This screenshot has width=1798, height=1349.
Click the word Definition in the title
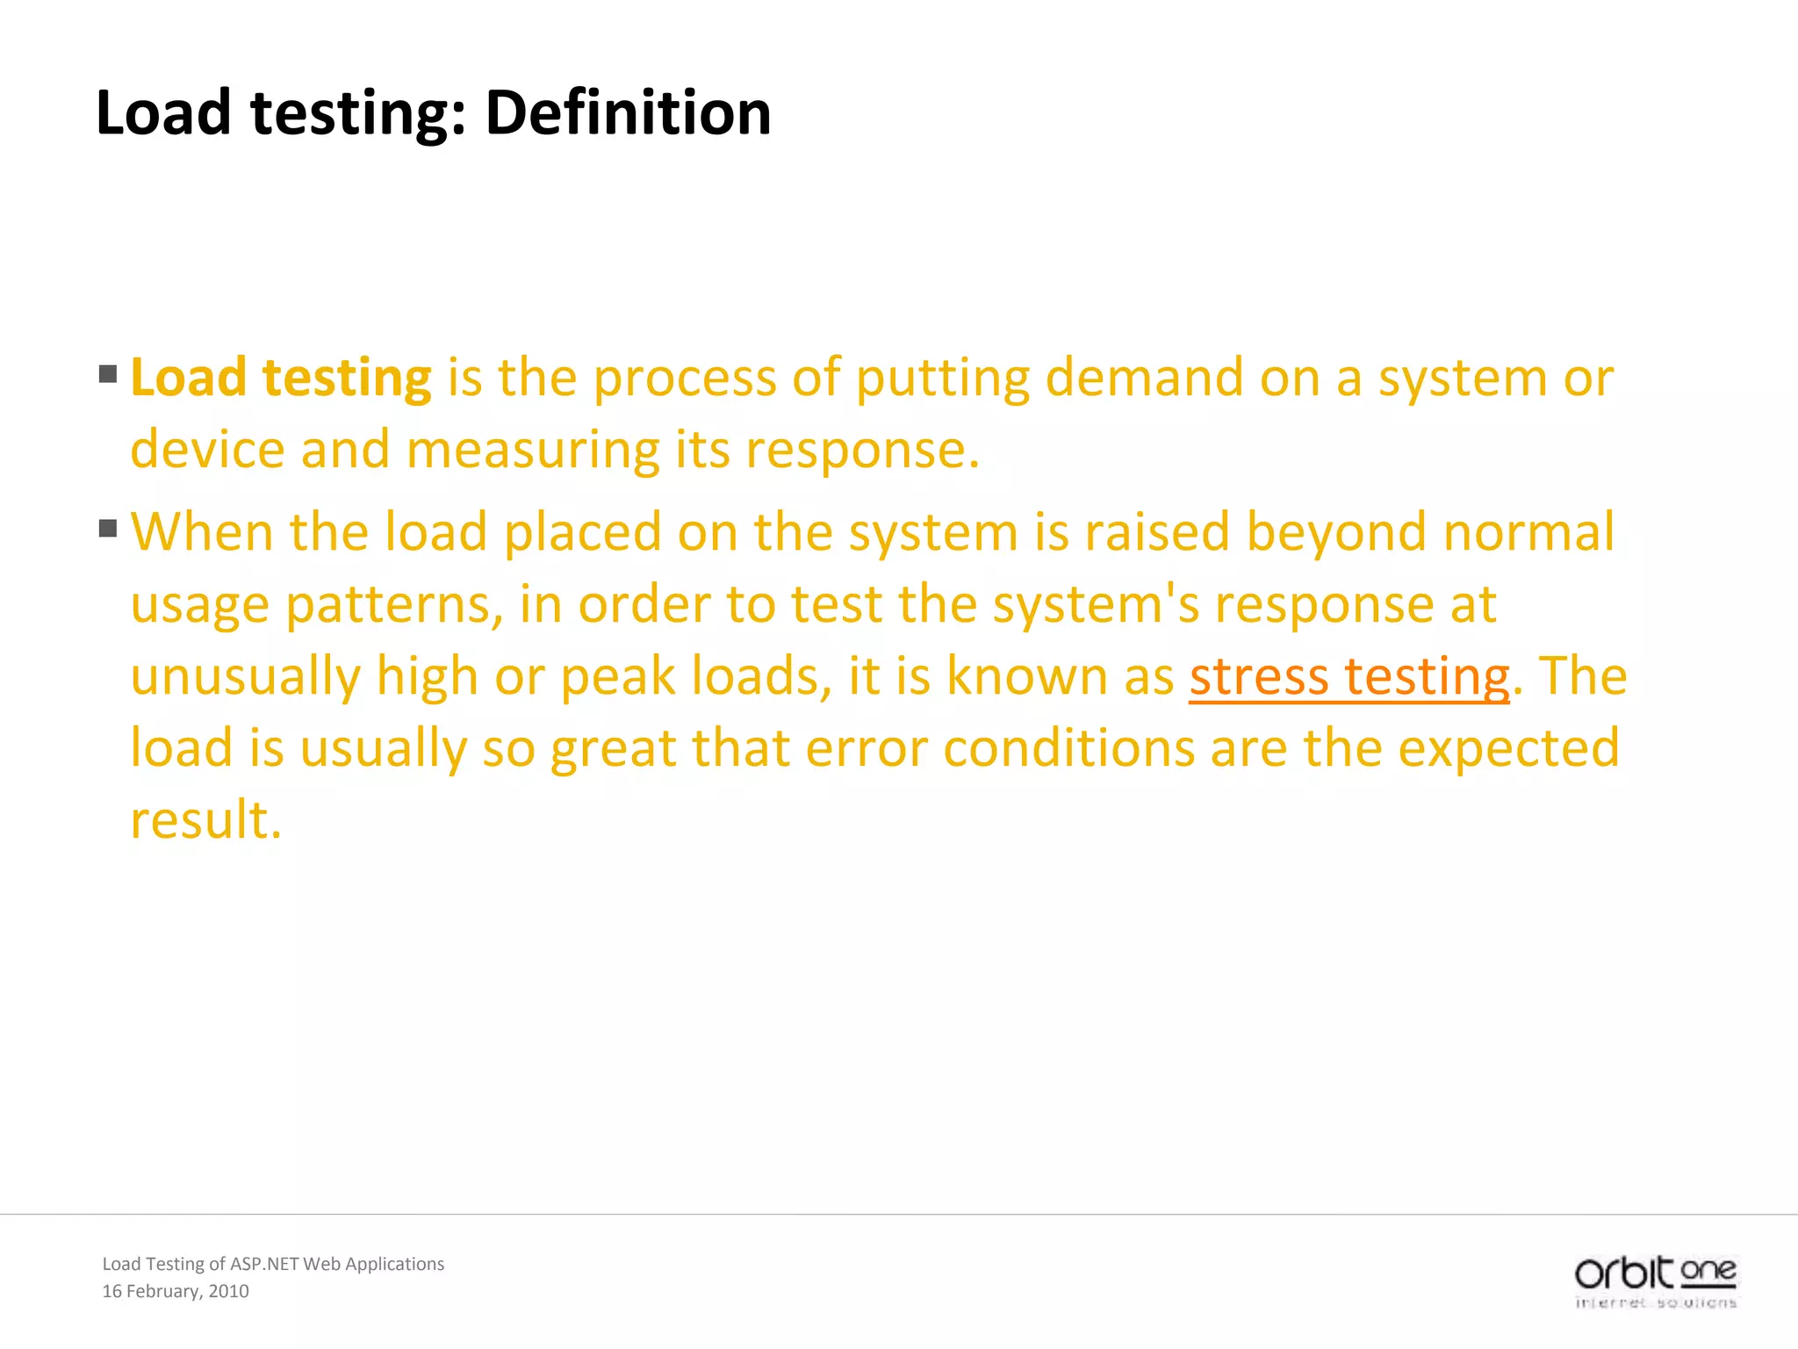(628, 112)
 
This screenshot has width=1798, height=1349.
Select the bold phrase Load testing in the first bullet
(281, 378)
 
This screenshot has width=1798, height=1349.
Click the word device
(207, 450)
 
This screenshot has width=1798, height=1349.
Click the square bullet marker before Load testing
(108, 374)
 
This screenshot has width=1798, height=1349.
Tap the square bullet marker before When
(108, 528)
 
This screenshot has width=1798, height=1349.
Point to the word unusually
(245, 678)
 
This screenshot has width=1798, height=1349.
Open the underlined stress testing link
(1349, 678)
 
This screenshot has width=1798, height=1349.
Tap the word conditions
(1069, 748)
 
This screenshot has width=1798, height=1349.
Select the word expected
(1508, 750)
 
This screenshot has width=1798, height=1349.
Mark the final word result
(205, 820)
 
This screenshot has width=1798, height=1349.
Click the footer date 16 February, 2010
(176, 1291)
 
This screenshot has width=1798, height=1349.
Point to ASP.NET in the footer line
(263, 1264)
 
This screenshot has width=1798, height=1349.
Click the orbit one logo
(1656, 1281)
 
